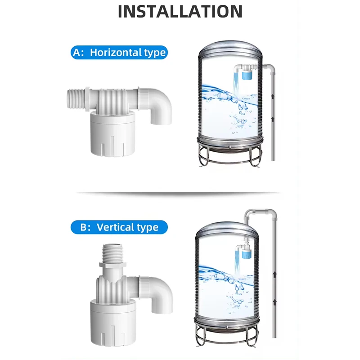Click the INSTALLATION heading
click(180, 11)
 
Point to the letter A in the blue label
click(77, 52)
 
